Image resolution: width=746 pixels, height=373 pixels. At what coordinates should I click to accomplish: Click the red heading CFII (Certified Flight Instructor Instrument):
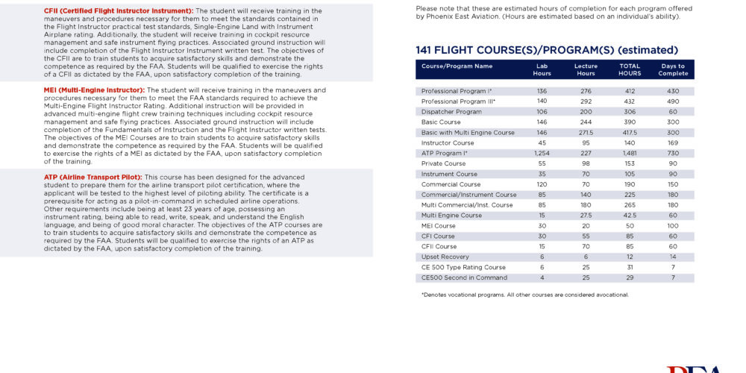(x=119, y=10)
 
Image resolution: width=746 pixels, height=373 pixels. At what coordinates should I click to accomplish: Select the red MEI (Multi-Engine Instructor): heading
(x=93, y=90)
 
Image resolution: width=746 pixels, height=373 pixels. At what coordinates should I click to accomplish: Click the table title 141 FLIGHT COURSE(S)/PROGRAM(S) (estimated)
(x=547, y=50)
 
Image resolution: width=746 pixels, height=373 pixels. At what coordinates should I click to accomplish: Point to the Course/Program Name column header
(x=457, y=66)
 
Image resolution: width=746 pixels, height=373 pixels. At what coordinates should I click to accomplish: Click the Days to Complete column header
(x=674, y=69)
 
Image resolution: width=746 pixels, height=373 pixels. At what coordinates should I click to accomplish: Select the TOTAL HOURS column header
(x=630, y=69)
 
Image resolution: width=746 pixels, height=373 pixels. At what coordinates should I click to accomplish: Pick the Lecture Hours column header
(x=586, y=69)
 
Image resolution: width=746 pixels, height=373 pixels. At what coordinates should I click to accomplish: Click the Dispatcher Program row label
(x=451, y=112)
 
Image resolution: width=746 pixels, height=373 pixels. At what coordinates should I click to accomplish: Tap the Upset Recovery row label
(x=445, y=257)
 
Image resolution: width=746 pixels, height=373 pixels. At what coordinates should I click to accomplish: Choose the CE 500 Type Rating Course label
(x=463, y=268)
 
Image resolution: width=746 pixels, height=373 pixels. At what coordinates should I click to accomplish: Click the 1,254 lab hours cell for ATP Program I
(x=542, y=154)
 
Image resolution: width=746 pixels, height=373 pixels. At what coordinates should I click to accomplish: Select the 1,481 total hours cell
(x=630, y=154)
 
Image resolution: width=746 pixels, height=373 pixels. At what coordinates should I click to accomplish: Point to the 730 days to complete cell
(x=674, y=154)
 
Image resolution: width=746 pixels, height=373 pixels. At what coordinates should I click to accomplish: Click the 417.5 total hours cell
(x=630, y=133)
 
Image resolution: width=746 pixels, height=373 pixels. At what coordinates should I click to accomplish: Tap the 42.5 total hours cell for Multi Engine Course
(x=630, y=216)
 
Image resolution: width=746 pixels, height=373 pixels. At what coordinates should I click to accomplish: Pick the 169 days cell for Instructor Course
(x=674, y=143)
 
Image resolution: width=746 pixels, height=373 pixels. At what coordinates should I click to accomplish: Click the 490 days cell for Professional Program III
(x=674, y=101)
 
